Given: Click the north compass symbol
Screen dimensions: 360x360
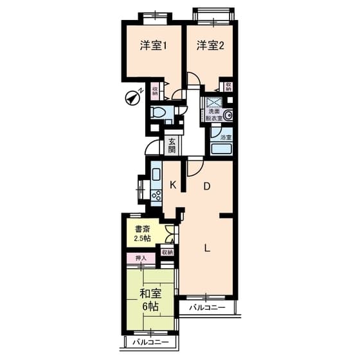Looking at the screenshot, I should coord(133,98).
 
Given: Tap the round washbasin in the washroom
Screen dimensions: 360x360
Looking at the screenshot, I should coord(229,116).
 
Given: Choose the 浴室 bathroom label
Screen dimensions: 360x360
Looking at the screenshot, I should coord(226,137).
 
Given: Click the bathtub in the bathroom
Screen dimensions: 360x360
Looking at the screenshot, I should coord(222,150).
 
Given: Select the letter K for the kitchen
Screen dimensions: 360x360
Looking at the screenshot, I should coord(173,185).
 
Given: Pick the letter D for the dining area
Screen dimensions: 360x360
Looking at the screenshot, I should coord(207,187).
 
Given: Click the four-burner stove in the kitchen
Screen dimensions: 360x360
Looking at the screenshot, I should coord(156,195).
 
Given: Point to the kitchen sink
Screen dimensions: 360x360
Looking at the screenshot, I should coord(156,174).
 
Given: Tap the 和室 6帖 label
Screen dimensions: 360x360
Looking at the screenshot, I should coord(150,300).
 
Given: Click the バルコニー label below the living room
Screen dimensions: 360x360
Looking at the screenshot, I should coord(207,308).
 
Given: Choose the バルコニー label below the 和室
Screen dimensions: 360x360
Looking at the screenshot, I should coord(150,342).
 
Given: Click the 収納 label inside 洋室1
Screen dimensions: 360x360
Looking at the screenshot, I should coord(154,91).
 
